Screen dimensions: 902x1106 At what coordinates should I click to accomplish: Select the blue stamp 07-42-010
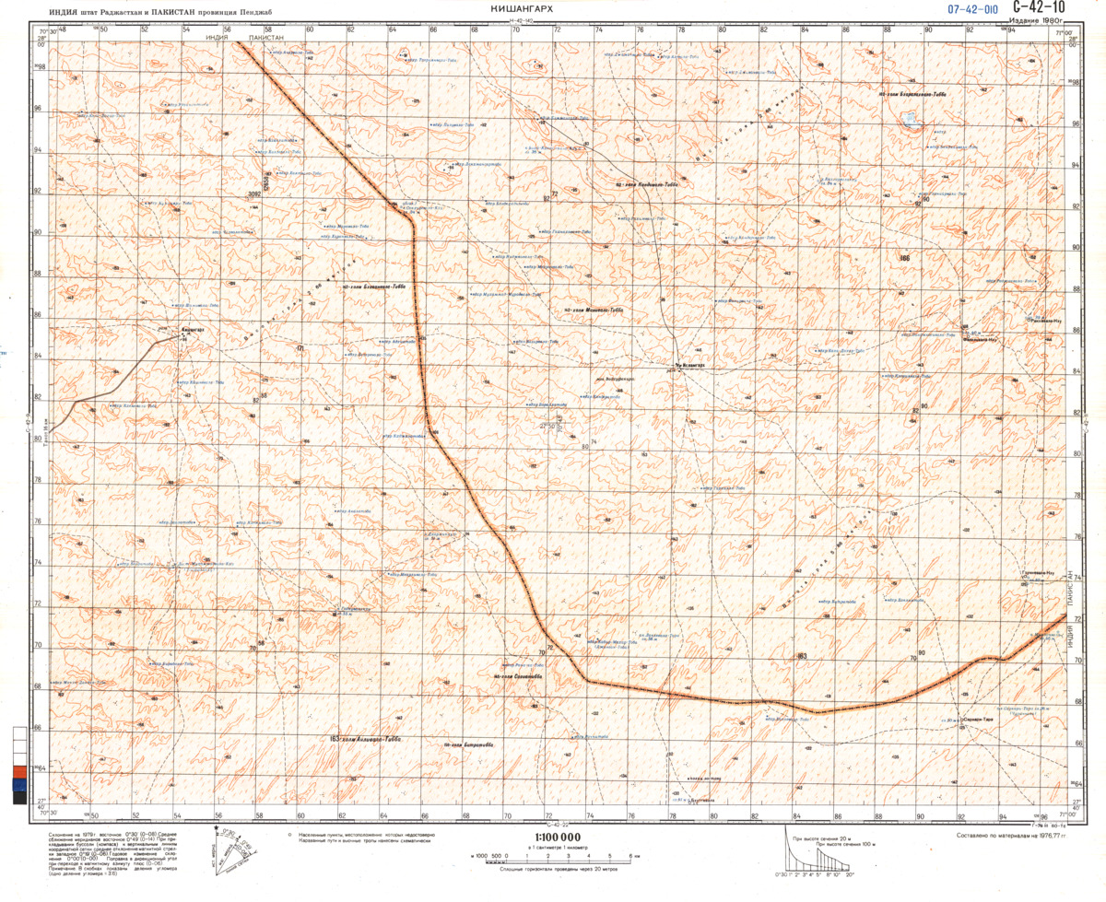(x=973, y=9)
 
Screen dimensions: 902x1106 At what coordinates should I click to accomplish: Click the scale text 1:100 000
(x=550, y=836)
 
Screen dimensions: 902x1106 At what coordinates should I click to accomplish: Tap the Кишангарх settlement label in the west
(x=194, y=329)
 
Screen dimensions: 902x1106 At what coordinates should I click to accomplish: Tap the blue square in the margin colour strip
(x=19, y=785)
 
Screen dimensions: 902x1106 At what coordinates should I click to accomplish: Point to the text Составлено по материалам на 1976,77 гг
(x=1010, y=837)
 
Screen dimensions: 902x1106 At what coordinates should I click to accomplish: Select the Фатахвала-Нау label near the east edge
(x=981, y=341)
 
